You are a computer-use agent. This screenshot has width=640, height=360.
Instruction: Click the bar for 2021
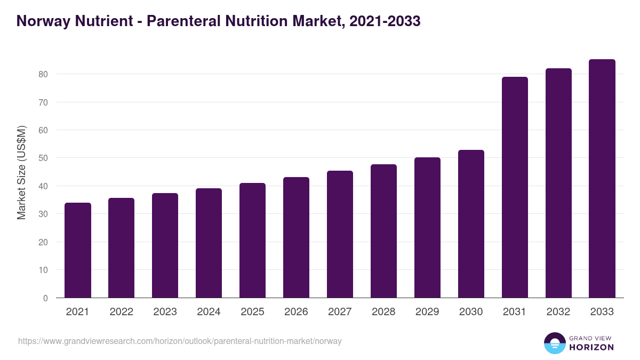(x=78, y=250)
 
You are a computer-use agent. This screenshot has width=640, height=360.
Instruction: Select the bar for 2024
(x=209, y=243)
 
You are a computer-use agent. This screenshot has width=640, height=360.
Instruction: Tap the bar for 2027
(x=340, y=234)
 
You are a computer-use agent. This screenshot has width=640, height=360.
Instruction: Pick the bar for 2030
(x=471, y=224)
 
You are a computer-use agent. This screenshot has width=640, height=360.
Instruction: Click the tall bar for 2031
(x=515, y=187)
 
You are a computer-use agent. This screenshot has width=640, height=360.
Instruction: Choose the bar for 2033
(x=602, y=179)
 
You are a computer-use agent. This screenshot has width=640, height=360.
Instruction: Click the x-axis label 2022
(x=121, y=312)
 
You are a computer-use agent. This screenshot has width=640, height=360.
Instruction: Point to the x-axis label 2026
(x=296, y=312)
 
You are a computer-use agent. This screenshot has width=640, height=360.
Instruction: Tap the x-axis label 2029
(x=427, y=312)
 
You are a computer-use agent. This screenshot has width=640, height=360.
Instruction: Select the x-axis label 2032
(x=558, y=312)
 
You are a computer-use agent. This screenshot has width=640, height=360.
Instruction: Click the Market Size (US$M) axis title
(x=22, y=173)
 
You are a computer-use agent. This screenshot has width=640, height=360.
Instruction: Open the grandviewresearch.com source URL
(x=180, y=341)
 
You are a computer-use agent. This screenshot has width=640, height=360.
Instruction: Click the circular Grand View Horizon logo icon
(x=554, y=343)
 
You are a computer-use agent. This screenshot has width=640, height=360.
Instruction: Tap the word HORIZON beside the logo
(x=591, y=347)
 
